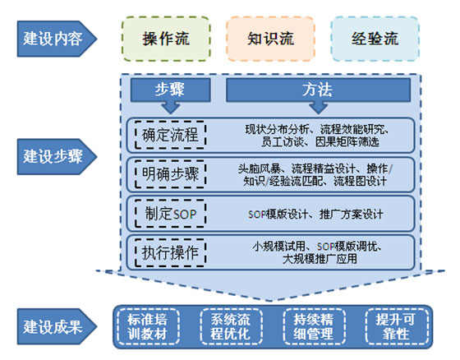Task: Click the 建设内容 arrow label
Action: [x=57, y=39]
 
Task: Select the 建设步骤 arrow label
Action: [x=57, y=156]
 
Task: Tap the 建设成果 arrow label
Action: [x=57, y=326]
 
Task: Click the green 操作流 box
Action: [x=166, y=39]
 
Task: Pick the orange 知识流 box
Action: [x=270, y=39]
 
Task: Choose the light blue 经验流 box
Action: [x=375, y=39]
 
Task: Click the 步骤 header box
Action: [x=171, y=90]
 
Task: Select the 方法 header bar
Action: [x=318, y=90]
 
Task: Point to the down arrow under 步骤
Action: [x=171, y=108]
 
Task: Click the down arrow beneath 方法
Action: [x=319, y=108]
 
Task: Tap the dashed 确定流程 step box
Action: [x=170, y=135]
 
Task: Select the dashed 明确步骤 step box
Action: [x=170, y=174]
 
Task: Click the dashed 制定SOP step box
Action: [x=170, y=214]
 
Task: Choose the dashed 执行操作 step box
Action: [x=170, y=252]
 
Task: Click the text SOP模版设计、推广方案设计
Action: [x=315, y=214]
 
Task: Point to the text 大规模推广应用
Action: [x=320, y=259]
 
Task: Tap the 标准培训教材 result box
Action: [x=148, y=326]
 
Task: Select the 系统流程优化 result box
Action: [x=231, y=326]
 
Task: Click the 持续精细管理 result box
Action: [x=314, y=326]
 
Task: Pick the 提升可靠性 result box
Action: [x=397, y=326]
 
